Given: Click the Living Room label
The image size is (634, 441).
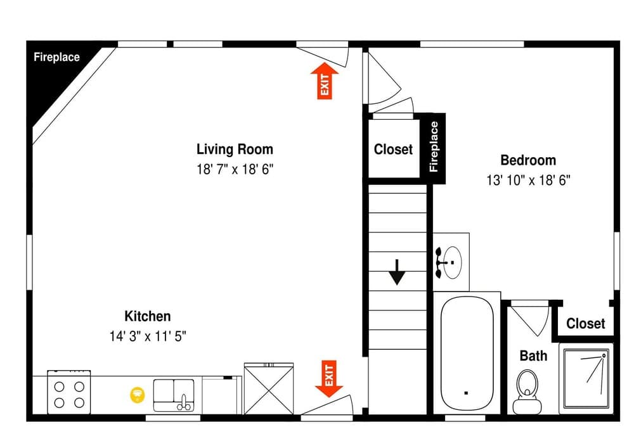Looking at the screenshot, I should [x=235, y=150].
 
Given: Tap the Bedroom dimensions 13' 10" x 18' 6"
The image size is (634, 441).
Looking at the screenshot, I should [x=529, y=180].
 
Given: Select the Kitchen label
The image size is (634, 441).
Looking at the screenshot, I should [x=147, y=316].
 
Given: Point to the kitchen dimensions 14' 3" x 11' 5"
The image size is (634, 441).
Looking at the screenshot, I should [x=147, y=336].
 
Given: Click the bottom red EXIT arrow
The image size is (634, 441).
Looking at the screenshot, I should [x=329, y=378].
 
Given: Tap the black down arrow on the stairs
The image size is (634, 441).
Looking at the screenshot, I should [x=397, y=272].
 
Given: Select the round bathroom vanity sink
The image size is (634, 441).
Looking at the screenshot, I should [x=451, y=256].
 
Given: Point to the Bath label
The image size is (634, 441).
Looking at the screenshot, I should [x=533, y=355].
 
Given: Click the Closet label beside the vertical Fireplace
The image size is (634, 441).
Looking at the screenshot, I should [x=393, y=150].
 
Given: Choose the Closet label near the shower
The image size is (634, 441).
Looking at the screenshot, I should [x=585, y=324].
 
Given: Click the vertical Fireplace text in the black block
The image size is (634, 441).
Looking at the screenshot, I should [x=434, y=147].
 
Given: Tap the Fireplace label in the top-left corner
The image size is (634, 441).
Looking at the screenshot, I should [x=56, y=57].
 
